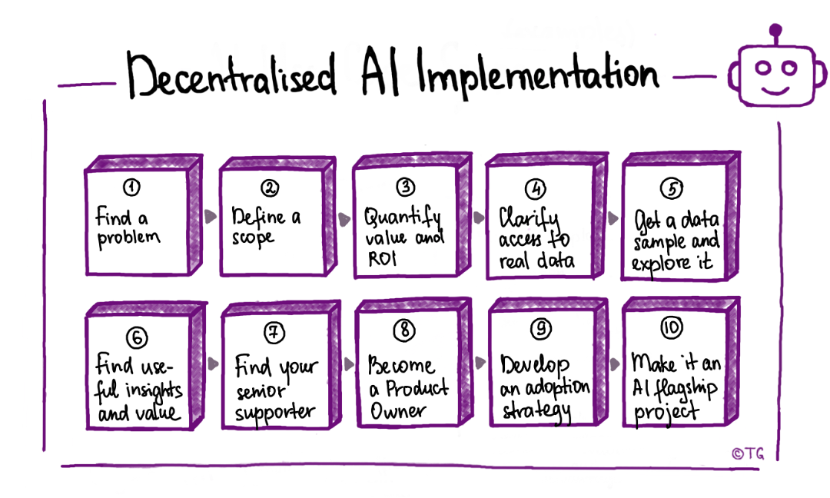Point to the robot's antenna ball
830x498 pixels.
776,32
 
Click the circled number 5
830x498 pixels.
672,188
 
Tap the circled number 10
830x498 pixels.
671,329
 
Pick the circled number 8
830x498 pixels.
403,330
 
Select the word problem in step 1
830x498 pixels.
128,237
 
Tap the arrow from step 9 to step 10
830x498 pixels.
614,364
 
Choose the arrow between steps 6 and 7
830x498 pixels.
211,364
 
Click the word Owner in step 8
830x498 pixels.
398,411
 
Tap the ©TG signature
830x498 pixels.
748,453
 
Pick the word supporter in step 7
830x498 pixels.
274,413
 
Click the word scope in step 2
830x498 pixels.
253,238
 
